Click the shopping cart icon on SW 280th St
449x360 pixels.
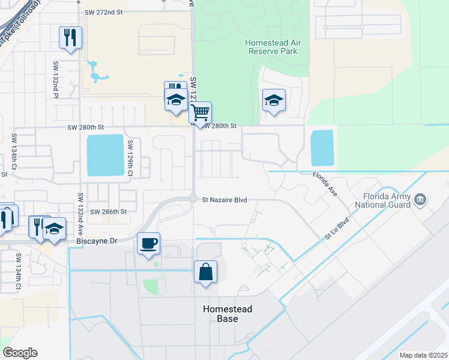tap(200, 112)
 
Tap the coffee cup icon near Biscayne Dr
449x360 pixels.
tap(149, 244)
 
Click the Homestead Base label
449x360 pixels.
tap(226, 314)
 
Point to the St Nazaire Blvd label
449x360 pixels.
tap(224, 200)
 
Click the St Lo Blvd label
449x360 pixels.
tap(336, 229)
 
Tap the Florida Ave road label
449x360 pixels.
tap(324, 183)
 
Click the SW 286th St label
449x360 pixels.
tap(109, 212)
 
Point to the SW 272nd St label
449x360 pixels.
tap(103, 11)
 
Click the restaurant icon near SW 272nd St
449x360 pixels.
tap(70, 38)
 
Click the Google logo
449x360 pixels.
tap(20, 353)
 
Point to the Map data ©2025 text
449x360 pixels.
tap(423, 355)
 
